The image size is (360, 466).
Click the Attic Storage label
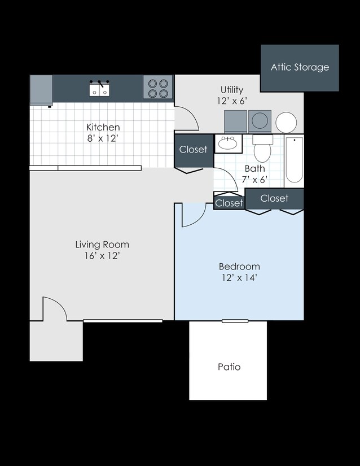coord(300,67)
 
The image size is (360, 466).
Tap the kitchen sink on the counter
coord(99,88)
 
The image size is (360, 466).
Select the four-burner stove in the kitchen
coord(157,88)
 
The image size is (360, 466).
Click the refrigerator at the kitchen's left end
coord(41,90)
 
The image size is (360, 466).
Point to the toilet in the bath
coord(262,149)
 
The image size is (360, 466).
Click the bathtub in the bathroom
coord(294,160)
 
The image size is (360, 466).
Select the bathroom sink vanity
coord(228,143)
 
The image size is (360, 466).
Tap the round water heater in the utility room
coord(286,122)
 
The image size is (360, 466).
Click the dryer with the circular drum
coord(260,121)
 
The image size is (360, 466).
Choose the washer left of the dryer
coord(235,121)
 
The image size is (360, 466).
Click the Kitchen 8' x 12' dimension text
coord(103,133)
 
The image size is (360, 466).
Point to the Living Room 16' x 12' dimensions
coord(102,250)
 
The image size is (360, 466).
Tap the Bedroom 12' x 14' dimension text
coord(239,272)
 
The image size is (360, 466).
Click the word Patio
coord(229,367)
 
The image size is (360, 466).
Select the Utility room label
coord(232,95)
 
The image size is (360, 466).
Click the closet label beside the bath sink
coord(194,150)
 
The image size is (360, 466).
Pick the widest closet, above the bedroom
coord(274,198)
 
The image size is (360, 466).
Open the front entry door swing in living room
coord(54,310)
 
